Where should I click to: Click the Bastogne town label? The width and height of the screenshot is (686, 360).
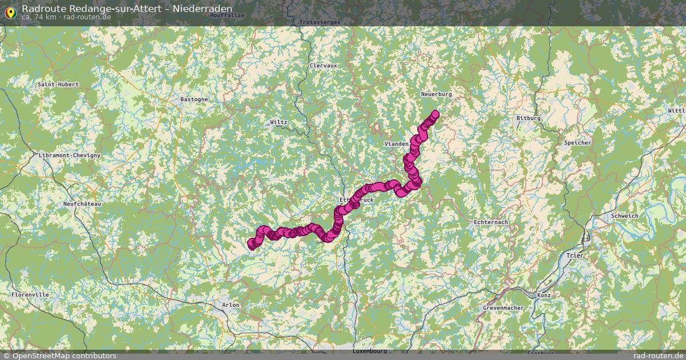point(194,99)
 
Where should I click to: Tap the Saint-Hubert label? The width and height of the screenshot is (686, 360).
point(58,85)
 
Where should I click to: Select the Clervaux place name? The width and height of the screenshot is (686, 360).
point(323,66)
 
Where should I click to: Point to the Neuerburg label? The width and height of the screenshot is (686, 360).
point(436,94)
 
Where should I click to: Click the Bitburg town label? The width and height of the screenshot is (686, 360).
point(528,118)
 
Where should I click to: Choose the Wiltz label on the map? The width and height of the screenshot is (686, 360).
point(278,122)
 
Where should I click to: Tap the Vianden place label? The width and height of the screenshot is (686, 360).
point(397,143)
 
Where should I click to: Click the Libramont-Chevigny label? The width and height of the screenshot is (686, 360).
point(69,155)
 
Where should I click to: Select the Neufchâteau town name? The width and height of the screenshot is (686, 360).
point(82,204)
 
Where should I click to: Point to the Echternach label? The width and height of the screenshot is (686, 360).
point(491,222)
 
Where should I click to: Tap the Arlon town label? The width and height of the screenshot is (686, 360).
point(230,305)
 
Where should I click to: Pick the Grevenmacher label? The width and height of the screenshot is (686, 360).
point(504,308)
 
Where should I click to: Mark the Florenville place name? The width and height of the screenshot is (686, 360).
point(30,294)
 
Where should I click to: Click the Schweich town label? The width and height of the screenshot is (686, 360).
point(624,216)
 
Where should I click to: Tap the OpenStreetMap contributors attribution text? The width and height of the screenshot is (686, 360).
point(64,356)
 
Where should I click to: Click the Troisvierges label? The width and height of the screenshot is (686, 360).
point(320,22)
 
